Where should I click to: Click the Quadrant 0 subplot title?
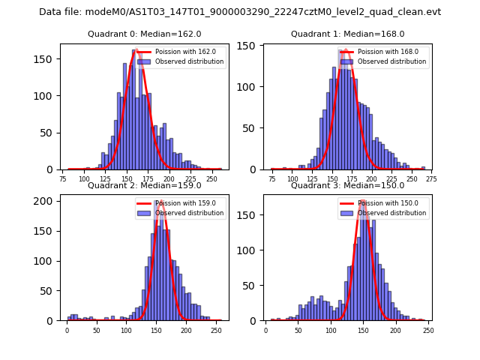pyautogui.click(x=145, y=34)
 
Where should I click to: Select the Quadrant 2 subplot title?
pyautogui.click(x=145, y=186)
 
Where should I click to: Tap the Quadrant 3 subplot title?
pyautogui.click(x=347, y=186)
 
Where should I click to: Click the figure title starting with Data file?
pyautogui.click(x=240, y=12)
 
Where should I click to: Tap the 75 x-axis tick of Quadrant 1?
pyautogui.click(x=271, y=179)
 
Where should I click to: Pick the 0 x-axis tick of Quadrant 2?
pyautogui.click(x=67, y=331)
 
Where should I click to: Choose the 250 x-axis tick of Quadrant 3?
pyautogui.click(x=427, y=331)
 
